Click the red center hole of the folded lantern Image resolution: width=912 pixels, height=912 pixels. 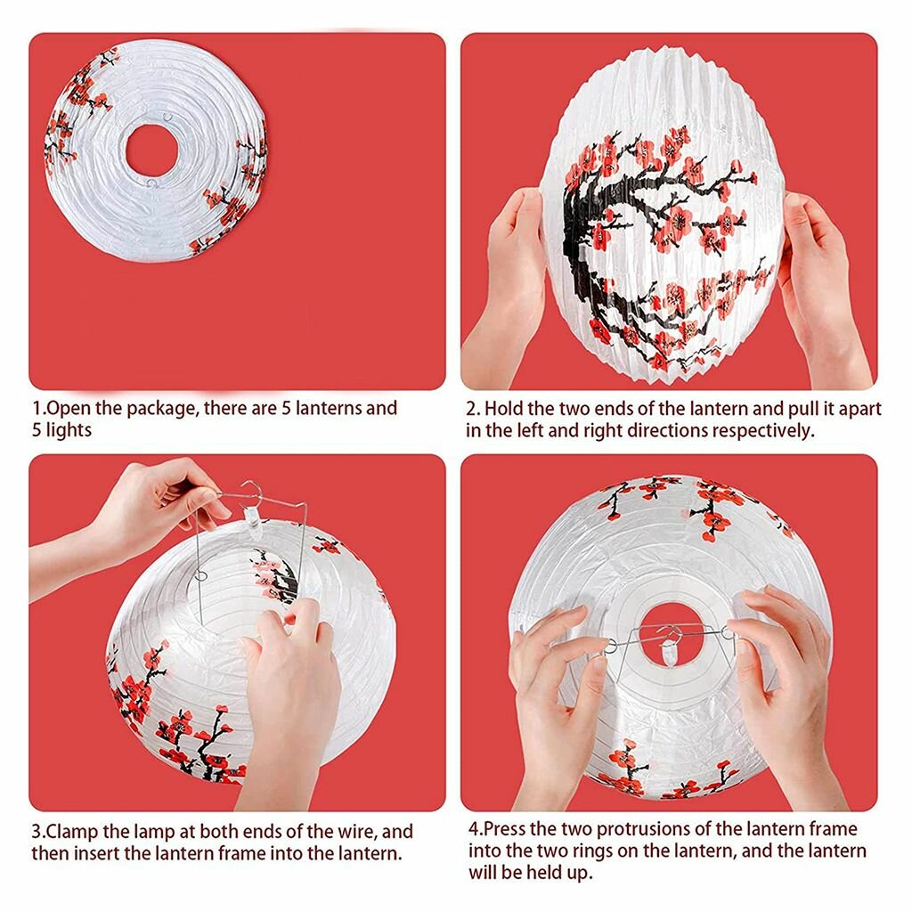pos(151,150)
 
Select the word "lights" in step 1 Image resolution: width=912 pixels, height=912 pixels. pos(69,430)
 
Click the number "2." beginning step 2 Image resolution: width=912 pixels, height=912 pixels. pos(473,409)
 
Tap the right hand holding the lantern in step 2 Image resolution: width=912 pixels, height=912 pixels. pos(819,285)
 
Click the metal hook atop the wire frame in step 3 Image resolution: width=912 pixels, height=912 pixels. pos(251,490)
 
